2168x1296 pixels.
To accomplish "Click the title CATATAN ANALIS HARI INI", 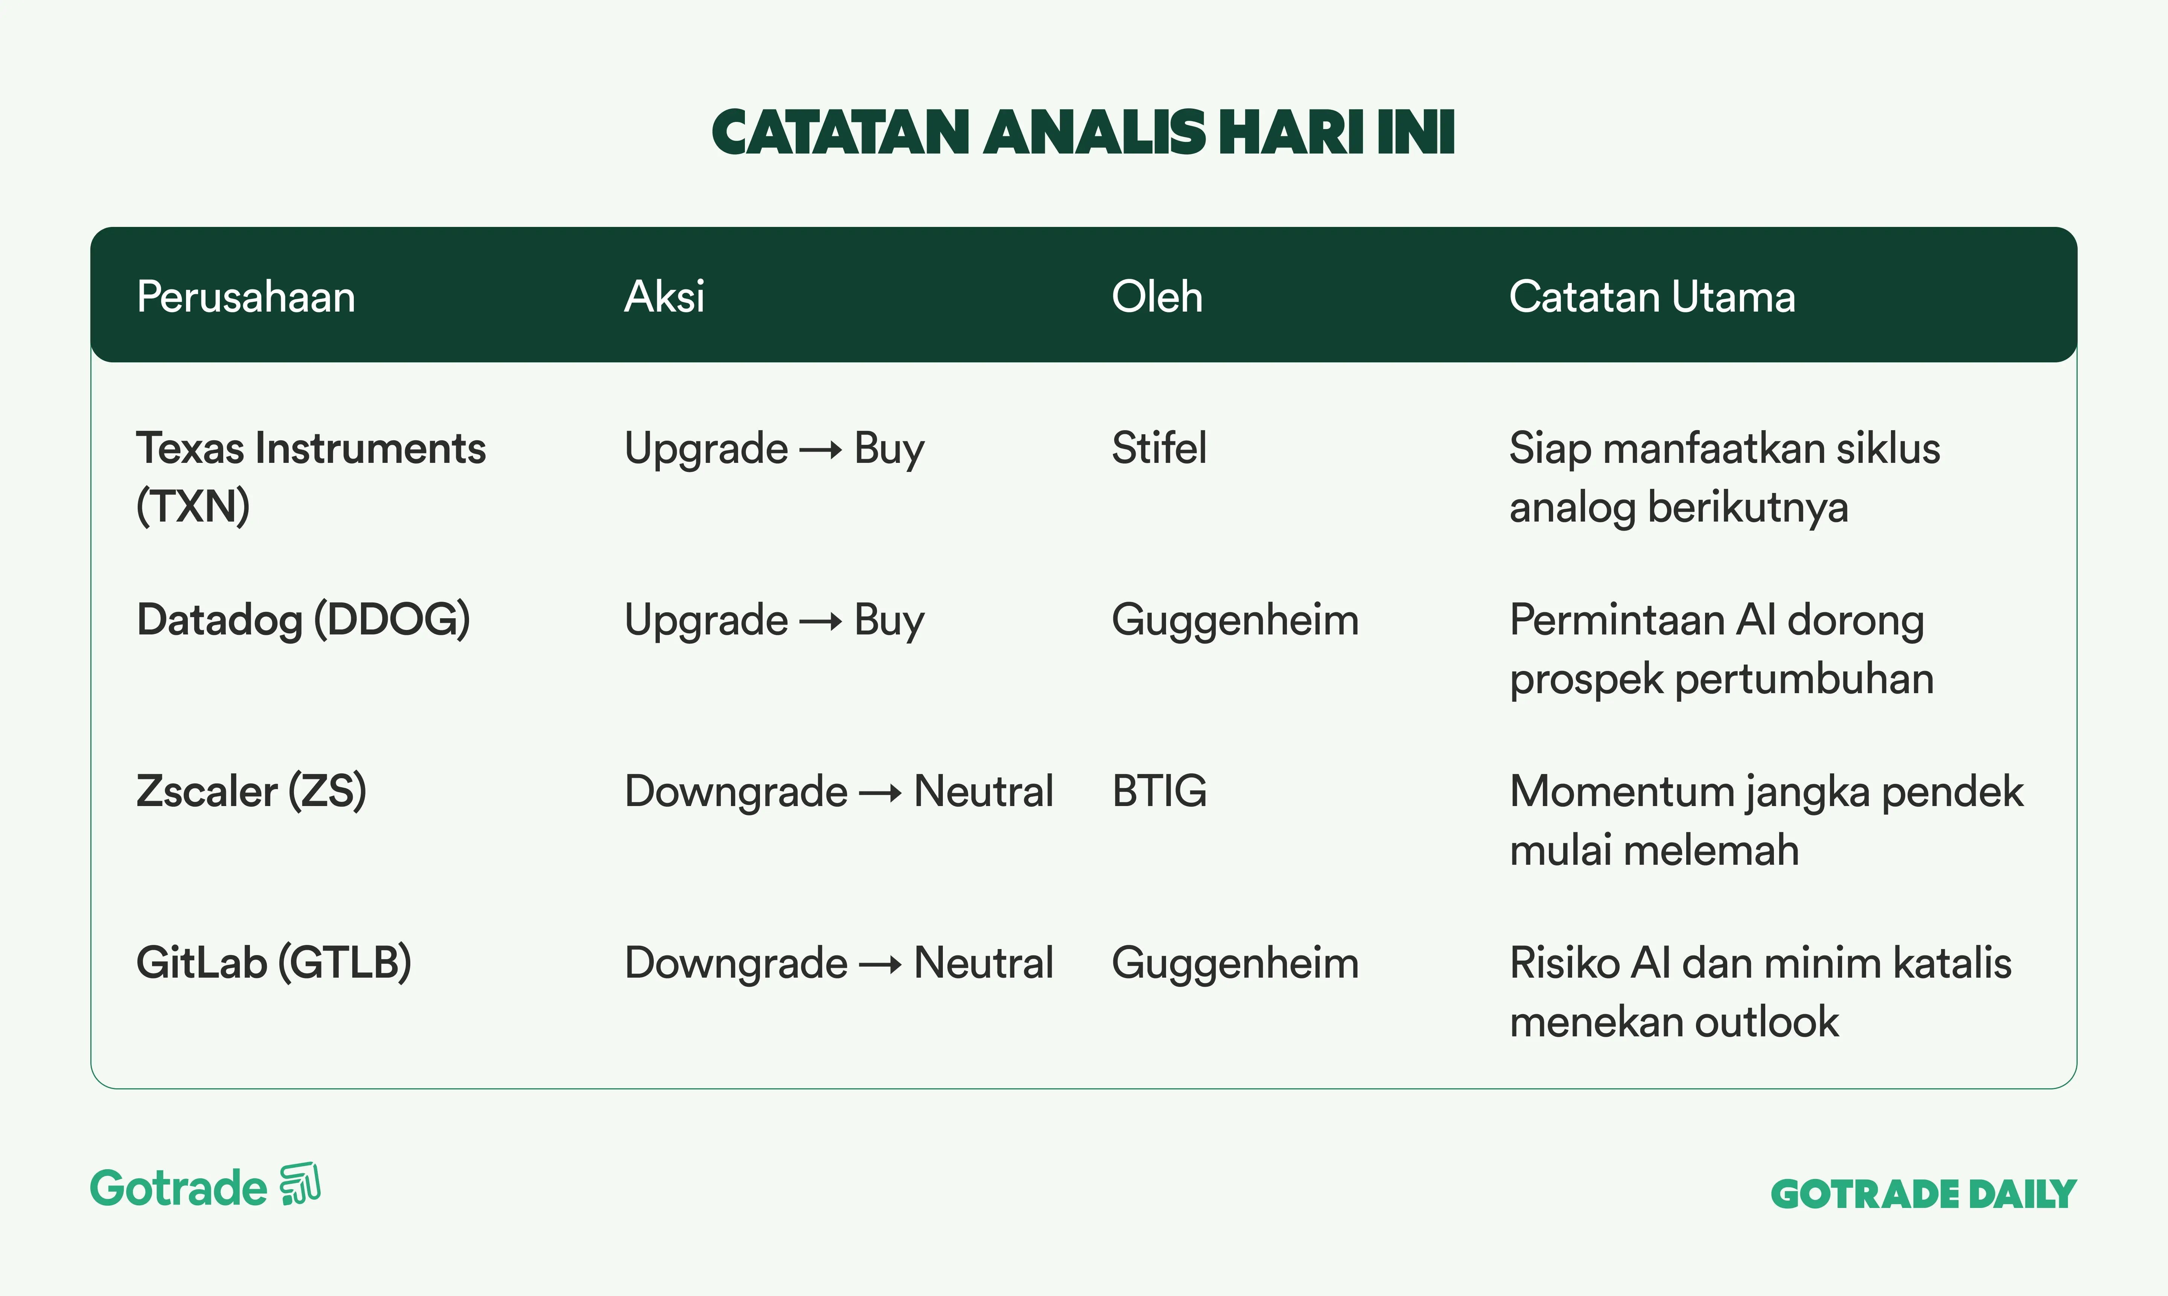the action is coord(1083,133).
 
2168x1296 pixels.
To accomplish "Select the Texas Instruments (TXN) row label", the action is coord(311,477).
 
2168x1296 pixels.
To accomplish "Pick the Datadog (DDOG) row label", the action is coord(303,620).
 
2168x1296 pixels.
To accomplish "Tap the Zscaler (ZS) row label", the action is coord(251,791).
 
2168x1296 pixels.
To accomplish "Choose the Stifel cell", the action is coord(1159,448).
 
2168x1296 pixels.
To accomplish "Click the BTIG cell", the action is coord(1159,791).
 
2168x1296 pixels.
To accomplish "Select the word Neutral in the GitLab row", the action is coord(984,963).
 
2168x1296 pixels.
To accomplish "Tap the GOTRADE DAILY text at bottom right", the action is coord(1923,1194).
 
